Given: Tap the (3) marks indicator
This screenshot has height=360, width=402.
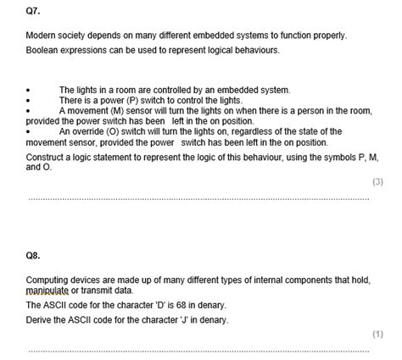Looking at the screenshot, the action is tap(377, 182).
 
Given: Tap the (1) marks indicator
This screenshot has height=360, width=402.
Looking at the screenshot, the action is tap(377, 334).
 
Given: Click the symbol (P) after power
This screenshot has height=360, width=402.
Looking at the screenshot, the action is tap(125, 100).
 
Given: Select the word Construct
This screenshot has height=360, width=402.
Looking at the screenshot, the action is tap(47, 158).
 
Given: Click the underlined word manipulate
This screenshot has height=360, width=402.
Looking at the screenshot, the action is tap(48, 290).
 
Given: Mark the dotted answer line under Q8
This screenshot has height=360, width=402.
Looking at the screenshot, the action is tap(198, 350).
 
